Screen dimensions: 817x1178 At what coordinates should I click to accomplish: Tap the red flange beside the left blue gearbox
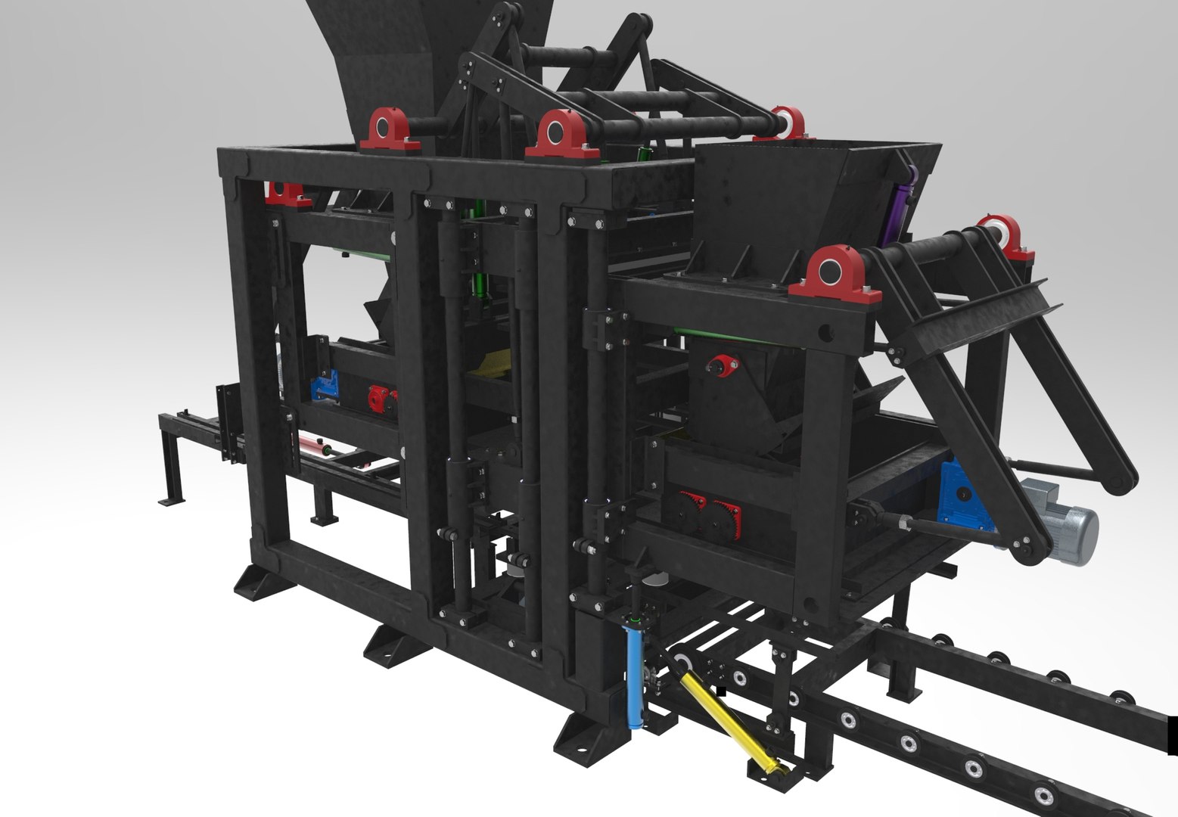tap(378, 396)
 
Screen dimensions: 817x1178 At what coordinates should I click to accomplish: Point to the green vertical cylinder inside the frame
tap(479, 284)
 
